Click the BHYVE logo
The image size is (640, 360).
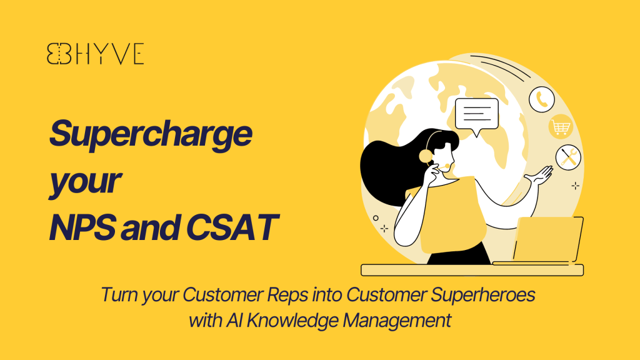point(95,54)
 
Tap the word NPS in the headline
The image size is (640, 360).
point(82,227)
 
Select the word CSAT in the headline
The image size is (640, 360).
point(232,227)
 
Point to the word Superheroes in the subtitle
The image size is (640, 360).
point(483,295)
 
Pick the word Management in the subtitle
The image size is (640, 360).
point(397,321)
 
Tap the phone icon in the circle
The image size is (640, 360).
point(542,99)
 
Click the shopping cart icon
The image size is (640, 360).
point(561,127)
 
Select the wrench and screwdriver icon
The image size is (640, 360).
point(568,157)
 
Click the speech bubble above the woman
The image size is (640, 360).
point(477,116)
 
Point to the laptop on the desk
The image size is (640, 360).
point(539,241)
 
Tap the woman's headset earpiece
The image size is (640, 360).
point(425,156)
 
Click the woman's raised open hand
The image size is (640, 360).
point(540,176)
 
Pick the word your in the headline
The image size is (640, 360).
point(85,182)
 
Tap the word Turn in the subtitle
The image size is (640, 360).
point(119,295)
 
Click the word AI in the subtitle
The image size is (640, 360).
point(234,321)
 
